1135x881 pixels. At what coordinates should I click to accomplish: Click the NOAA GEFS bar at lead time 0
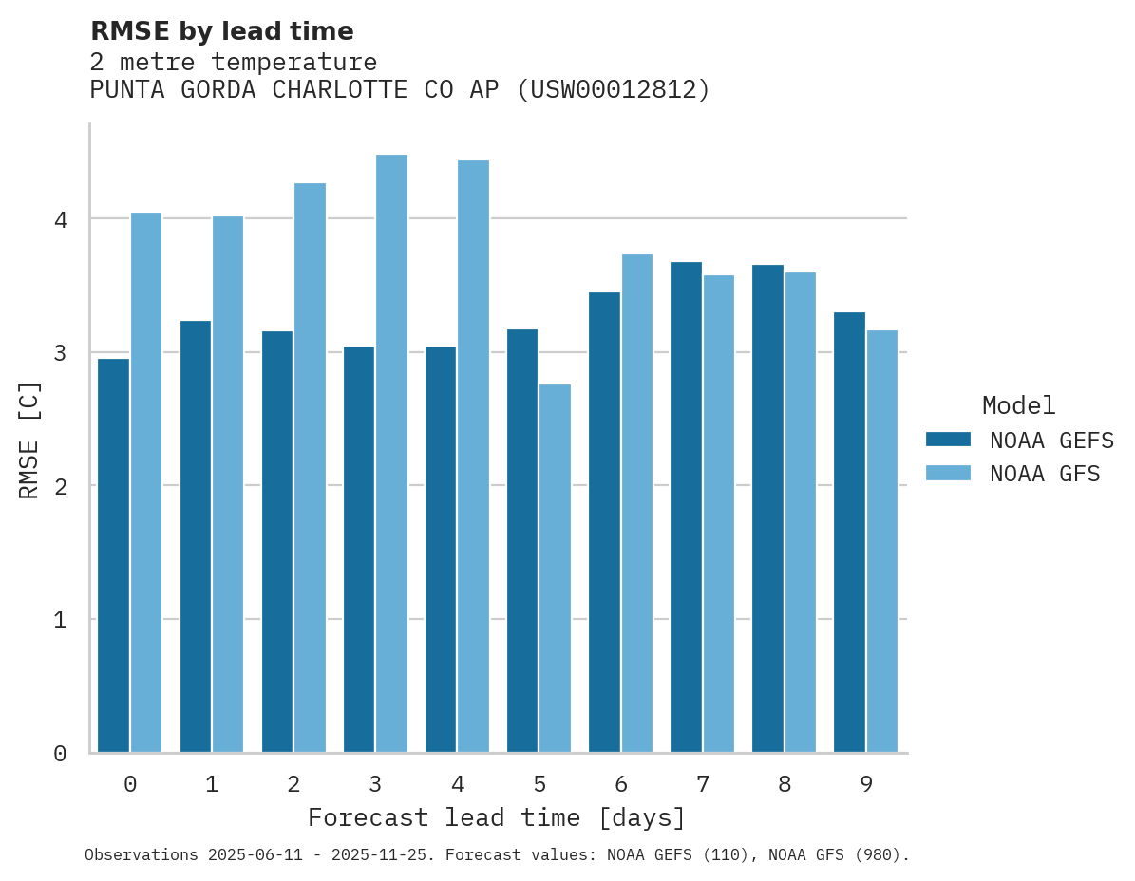coord(113,555)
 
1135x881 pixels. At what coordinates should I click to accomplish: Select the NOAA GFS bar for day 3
coord(391,454)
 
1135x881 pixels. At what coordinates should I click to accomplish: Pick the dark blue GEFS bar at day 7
coord(686,507)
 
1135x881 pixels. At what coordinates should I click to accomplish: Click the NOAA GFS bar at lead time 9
coord(881,541)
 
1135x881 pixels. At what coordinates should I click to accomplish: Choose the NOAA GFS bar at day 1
coord(228,484)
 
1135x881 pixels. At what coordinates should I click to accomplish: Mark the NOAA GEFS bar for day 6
coord(604,522)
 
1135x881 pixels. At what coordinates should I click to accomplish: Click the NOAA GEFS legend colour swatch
coord(948,440)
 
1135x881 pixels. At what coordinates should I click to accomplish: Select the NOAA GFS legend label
coord(1045,474)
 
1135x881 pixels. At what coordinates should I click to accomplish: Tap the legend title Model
coord(1018,406)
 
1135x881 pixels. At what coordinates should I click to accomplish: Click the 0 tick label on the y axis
coord(60,754)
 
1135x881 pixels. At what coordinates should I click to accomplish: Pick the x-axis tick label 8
coord(784,784)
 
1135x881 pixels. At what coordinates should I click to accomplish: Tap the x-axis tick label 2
coord(293,784)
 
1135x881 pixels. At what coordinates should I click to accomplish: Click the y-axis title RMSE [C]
coord(29,440)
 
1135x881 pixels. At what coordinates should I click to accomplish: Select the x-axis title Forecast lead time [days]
coord(496,818)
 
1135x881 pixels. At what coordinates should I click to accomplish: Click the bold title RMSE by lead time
coord(221,31)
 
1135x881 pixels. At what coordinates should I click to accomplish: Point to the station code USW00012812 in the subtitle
coord(613,90)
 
